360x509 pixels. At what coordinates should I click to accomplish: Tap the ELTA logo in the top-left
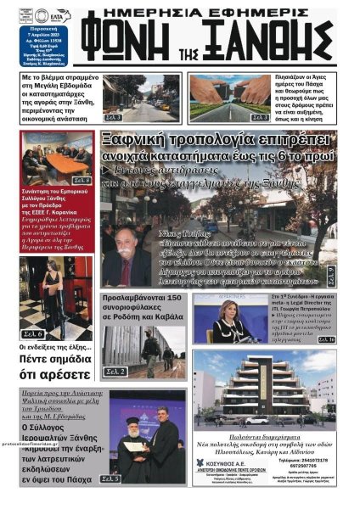[57, 14]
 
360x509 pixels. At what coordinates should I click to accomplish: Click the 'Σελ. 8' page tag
[82, 180]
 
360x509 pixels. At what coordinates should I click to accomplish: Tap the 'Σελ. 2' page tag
[115, 372]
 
